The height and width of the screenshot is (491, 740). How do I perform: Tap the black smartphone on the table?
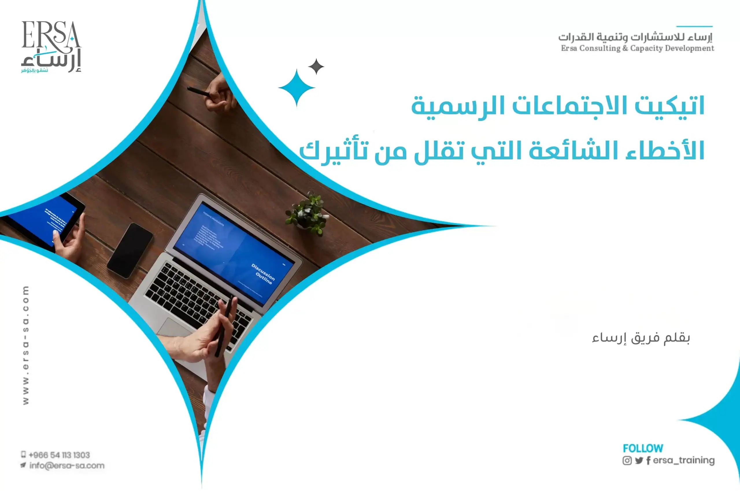coord(130,250)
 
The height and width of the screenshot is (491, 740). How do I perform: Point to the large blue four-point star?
coord(297,88)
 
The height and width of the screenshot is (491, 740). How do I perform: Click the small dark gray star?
coord(316,66)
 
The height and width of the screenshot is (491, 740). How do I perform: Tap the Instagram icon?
coord(627,461)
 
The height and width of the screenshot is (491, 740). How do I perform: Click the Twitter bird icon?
coord(639,461)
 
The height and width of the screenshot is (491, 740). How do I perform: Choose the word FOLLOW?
coord(643,449)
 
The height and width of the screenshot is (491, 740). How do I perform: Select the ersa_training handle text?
coord(684,460)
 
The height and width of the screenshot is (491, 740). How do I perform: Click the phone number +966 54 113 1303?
coord(59,455)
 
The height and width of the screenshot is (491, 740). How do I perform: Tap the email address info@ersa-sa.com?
coord(67,466)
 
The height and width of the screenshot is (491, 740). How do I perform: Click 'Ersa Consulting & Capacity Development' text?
coord(637,48)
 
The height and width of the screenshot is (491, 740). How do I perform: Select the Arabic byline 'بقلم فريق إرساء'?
coord(641,338)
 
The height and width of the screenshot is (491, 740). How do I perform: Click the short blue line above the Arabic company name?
coord(694,26)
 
